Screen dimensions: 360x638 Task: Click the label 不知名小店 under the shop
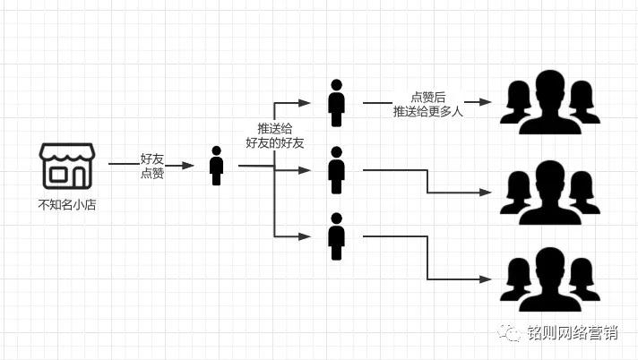[67, 205]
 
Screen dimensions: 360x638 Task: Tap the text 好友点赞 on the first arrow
[151, 166]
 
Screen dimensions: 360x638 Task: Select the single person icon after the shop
[216, 166]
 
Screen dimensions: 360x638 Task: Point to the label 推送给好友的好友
[275, 136]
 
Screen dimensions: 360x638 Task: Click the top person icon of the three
[336, 103]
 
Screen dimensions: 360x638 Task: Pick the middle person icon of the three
[336, 170]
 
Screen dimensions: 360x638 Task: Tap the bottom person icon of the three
[336, 236]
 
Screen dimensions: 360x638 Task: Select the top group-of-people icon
[549, 103]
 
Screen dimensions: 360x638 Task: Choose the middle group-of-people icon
[549, 192]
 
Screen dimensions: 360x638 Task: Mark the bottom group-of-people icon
[549, 279]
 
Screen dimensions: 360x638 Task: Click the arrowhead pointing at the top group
[486, 103]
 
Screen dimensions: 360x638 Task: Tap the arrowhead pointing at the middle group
[486, 192]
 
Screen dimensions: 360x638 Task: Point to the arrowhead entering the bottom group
[486, 279]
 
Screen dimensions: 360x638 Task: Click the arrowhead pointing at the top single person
[305, 103]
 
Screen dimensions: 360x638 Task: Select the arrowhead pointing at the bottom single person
[305, 237]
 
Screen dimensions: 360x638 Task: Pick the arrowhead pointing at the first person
[187, 166]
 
